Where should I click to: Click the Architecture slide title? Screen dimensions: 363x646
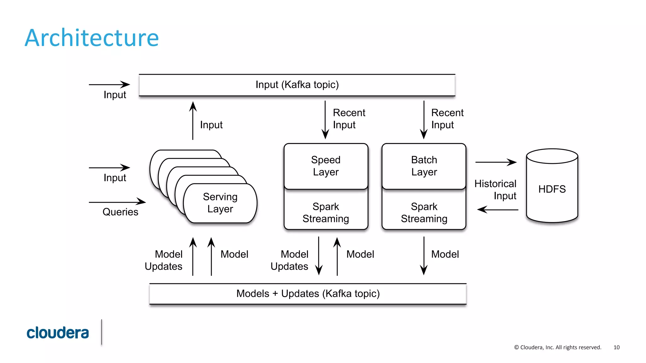92,38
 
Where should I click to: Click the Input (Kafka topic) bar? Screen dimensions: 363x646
297,85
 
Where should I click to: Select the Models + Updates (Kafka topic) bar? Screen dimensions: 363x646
308,294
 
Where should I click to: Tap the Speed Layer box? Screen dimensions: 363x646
326,166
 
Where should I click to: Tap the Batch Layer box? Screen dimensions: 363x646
424,166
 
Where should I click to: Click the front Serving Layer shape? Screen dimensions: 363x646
220,203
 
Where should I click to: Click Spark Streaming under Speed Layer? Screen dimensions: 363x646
326,212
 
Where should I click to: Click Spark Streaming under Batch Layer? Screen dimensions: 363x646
424,212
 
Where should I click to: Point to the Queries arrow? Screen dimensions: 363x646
117,202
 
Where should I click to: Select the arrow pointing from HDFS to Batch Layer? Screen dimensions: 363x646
498,210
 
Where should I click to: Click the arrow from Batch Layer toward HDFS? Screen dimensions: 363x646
496,162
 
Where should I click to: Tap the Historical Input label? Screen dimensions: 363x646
496,190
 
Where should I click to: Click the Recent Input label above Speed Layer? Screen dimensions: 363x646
349,119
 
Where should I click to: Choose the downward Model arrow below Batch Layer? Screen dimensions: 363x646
424,256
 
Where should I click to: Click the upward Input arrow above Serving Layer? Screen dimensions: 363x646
193,121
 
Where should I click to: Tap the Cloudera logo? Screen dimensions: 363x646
58,333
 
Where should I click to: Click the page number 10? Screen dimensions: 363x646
616,347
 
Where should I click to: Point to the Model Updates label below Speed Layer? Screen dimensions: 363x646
290,260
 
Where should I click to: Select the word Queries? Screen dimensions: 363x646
120,212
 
